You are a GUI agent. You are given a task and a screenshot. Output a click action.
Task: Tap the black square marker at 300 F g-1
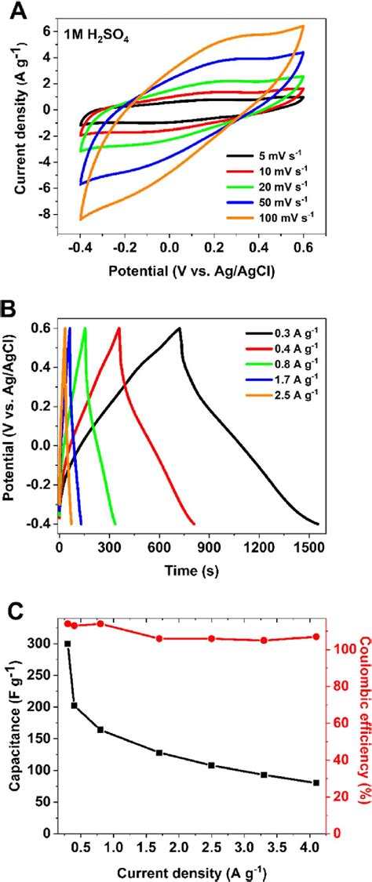pyautogui.click(x=67, y=644)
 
